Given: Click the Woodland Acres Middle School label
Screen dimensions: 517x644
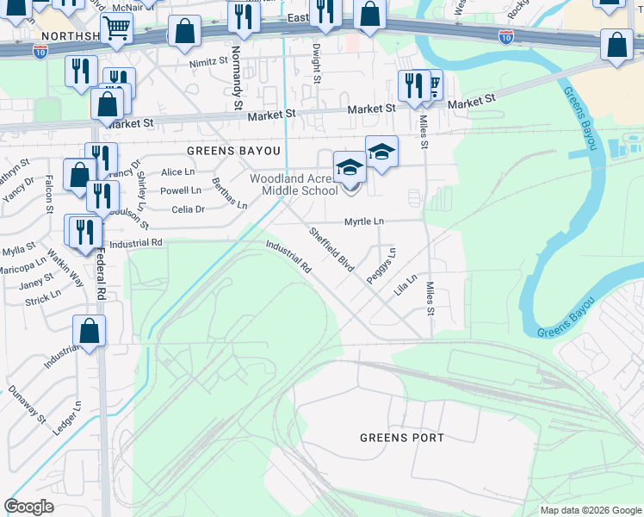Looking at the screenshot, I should tap(294, 184).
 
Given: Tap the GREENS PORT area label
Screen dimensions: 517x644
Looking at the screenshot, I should tap(402, 438).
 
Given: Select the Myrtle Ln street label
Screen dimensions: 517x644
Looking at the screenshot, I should tap(364, 221).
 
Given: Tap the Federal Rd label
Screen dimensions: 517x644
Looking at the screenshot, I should tap(101, 274).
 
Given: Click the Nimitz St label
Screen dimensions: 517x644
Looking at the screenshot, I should tap(208, 63).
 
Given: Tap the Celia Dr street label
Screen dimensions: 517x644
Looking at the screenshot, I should tap(188, 209).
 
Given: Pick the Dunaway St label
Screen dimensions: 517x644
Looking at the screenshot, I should tap(28, 404).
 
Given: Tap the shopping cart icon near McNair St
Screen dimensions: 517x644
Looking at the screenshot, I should tap(115, 28).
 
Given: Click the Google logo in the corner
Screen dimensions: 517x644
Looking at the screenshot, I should tap(28, 507).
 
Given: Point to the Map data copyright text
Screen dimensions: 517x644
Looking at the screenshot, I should tap(591, 510).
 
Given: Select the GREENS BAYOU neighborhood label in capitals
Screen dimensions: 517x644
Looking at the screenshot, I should tap(234, 150).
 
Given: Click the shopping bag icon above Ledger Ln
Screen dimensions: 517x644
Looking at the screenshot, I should tap(89, 330).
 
